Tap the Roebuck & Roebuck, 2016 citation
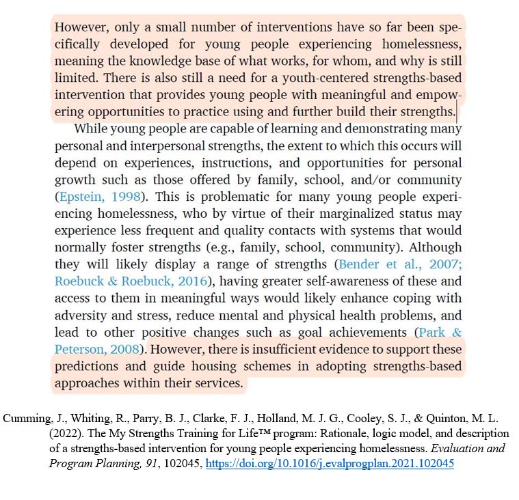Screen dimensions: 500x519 tap(131, 281)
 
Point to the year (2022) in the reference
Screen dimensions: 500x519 tap(66, 434)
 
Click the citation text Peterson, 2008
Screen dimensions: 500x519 tap(96, 350)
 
